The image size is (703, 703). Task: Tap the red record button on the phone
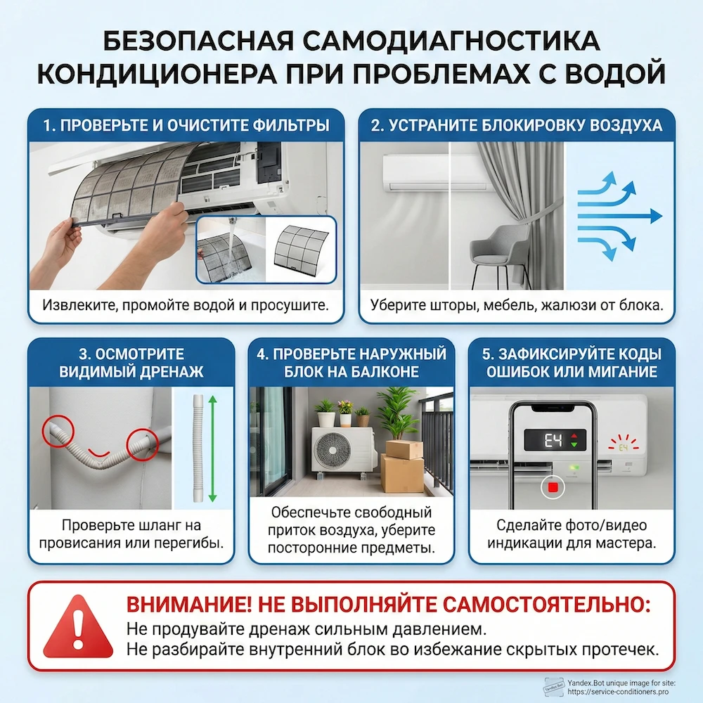coord(553,486)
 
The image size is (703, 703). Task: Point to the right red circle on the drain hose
coord(141,444)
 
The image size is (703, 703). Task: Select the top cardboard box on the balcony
coord(404,449)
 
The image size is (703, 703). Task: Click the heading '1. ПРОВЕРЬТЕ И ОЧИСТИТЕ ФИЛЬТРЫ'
coord(186,126)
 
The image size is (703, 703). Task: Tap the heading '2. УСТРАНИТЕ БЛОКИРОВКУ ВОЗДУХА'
coord(517,126)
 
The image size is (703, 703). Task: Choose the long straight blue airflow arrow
coord(619,216)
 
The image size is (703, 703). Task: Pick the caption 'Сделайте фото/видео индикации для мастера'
coord(571,534)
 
